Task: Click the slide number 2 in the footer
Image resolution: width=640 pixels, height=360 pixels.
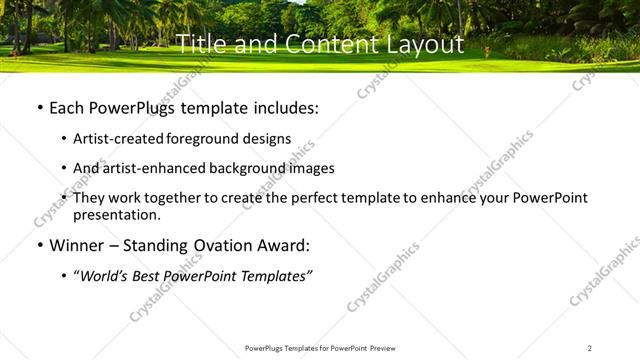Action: tap(590, 348)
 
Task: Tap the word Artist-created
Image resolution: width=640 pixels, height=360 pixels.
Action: tap(119, 139)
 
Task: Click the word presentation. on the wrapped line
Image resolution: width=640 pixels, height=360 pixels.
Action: tap(116, 214)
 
